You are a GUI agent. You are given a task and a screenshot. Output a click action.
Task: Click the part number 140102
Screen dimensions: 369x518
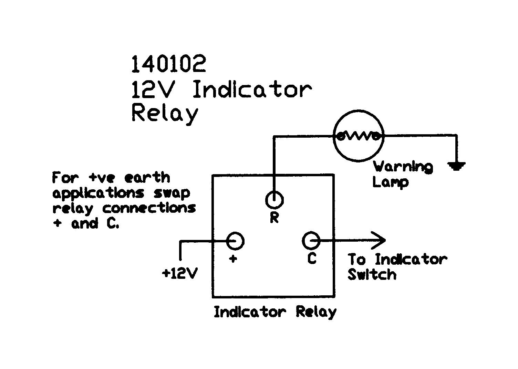point(168,64)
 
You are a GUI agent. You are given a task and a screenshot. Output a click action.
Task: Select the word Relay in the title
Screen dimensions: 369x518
point(165,113)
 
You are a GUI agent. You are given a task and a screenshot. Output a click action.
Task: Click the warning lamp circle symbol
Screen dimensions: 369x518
point(359,136)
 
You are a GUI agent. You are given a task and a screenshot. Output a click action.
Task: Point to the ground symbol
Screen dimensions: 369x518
point(457,167)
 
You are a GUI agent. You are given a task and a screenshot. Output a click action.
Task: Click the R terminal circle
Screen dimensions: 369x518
point(274,199)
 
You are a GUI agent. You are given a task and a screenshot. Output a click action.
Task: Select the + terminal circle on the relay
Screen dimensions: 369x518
point(235,241)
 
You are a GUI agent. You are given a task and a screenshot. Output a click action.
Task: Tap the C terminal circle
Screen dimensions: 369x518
point(311,241)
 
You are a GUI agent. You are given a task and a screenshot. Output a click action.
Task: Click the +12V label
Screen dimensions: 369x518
point(180,273)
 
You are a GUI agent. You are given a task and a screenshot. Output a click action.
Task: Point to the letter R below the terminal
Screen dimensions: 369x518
point(274,218)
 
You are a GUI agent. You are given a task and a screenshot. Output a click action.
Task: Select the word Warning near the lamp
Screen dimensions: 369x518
point(403,167)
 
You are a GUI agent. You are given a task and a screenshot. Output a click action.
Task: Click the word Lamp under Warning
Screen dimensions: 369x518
point(390,182)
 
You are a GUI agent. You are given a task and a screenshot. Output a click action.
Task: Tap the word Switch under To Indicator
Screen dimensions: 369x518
point(372,275)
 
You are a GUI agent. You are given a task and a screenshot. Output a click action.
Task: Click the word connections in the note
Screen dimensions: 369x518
point(149,208)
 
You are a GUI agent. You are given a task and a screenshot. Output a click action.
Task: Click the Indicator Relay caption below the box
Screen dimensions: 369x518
point(275,312)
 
